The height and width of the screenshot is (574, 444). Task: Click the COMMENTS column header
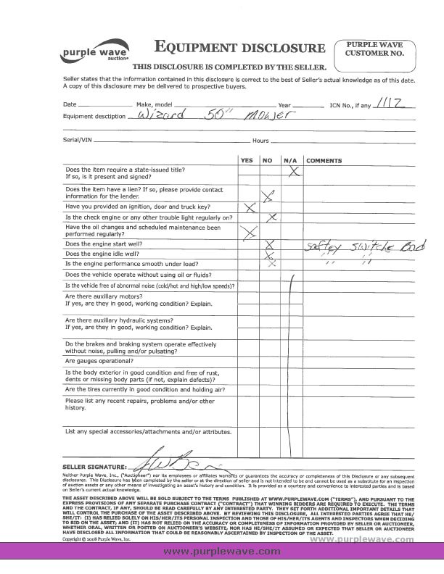pos(325,159)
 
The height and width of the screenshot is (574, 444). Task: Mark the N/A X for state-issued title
pos(295,172)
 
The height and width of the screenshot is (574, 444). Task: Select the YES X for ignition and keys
pos(250,207)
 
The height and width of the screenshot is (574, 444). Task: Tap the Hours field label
pos(260,140)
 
